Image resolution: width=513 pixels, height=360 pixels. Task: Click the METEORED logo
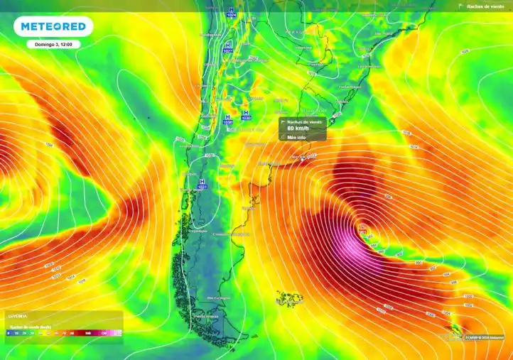point(53,26)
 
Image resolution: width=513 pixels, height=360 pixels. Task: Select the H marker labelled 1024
point(230,11)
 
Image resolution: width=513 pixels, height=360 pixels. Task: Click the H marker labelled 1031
point(202,184)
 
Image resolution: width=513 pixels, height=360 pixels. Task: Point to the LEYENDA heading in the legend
point(18,315)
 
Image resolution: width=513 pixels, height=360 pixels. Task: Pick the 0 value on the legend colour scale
point(8,332)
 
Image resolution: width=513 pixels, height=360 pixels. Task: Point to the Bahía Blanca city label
point(266,163)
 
